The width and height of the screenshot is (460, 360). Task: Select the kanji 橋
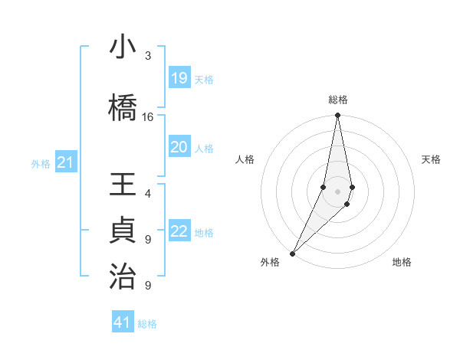[123, 108]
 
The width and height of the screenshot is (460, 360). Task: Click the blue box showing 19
[179, 78]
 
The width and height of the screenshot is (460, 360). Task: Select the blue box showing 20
[179, 147]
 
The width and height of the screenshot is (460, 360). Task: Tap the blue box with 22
[179, 232]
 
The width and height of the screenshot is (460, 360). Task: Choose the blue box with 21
[65, 162]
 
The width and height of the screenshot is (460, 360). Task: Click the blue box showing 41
[123, 322]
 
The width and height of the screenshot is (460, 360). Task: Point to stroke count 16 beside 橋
[148, 117]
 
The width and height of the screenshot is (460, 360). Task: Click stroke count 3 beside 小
[148, 56]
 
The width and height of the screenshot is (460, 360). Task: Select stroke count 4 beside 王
[148, 194]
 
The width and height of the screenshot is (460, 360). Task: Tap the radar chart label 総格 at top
[337, 100]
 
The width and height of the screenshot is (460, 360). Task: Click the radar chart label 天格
[432, 159]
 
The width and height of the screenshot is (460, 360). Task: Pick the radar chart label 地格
[402, 262]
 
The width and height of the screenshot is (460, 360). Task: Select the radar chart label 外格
[270, 262]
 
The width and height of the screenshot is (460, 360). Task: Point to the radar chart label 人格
[245, 159]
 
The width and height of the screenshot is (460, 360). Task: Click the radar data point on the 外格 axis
[292, 253]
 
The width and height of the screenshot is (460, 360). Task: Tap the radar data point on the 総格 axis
[337, 116]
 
